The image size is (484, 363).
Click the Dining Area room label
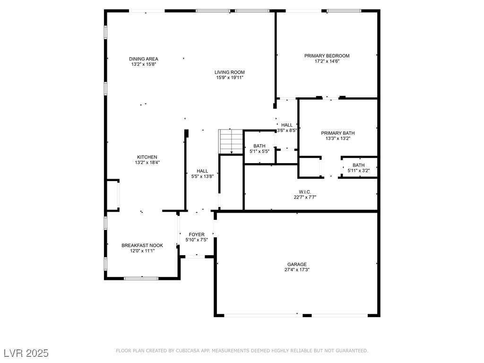point(144,59)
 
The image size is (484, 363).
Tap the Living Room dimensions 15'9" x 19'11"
point(230,78)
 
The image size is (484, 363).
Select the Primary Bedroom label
point(327,56)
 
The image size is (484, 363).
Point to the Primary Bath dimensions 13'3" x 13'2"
point(337,138)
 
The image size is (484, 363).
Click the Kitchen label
point(147,157)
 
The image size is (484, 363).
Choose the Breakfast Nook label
point(142,245)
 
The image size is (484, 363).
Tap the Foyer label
point(197,234)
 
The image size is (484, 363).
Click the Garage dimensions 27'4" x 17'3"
point(297,269)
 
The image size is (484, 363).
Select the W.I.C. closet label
point(305,192)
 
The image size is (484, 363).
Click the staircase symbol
point(231,141)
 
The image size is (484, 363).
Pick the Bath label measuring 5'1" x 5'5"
point(259,146)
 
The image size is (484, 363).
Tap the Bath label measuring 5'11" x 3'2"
point(359,165)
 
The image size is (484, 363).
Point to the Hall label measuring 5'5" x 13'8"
point(202,171)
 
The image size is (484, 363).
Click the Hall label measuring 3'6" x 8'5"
point(287,125)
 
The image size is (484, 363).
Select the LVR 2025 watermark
point(26,353)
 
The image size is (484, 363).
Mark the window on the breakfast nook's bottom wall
point(141,278)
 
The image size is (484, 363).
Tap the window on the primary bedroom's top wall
point(344,11)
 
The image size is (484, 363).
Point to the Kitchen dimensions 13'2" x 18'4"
point(147,163)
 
